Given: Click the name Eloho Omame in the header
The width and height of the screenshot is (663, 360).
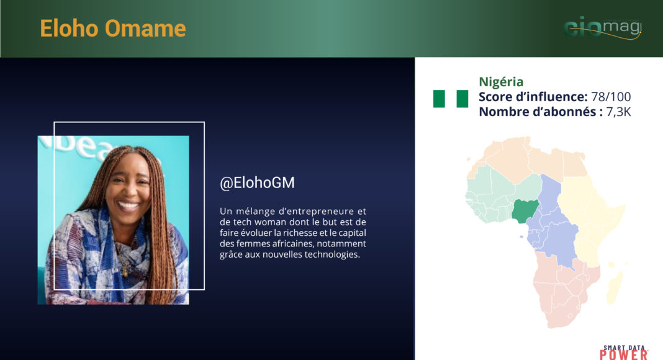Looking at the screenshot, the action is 113,29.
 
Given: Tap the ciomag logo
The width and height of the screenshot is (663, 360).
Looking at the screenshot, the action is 603,29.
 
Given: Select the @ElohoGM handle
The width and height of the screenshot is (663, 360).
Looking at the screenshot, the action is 257,182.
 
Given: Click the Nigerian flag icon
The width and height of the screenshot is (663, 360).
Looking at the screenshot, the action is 450,99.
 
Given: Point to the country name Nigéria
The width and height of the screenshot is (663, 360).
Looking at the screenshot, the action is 501,81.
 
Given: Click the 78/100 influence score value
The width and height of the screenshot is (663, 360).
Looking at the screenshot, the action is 611,97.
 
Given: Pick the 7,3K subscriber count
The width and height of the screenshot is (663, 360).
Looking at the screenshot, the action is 618,112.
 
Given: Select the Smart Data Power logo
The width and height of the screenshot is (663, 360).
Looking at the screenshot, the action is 624,352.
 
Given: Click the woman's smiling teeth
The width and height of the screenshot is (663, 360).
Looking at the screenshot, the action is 129,206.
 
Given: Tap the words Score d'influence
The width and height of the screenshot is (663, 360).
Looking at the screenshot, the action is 533,97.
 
